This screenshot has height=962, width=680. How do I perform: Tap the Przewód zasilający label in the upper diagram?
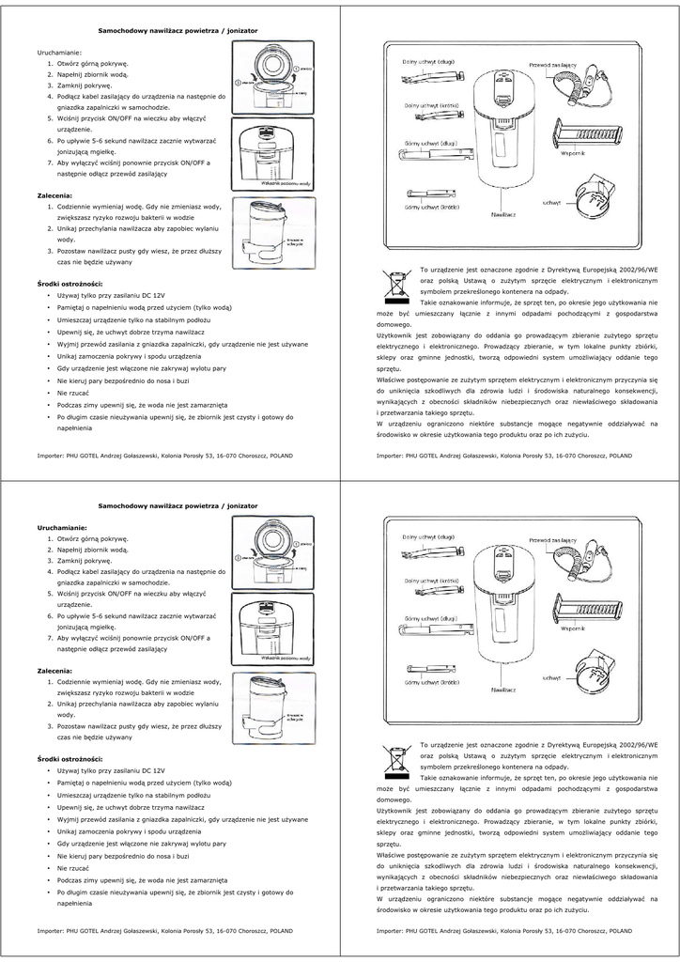[x=552, y=65]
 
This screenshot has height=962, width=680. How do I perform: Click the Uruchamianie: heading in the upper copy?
[x=59, y=53]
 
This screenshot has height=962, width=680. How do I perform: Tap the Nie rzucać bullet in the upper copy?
[x=73, y=392]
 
